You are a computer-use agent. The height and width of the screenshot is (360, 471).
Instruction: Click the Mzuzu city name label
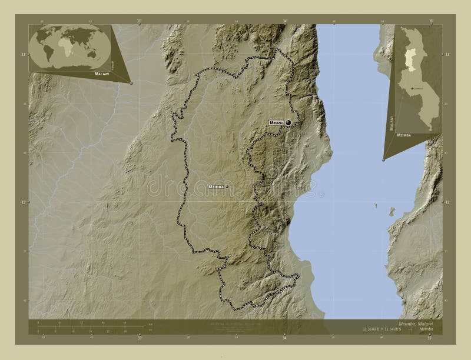[x=276, y=122]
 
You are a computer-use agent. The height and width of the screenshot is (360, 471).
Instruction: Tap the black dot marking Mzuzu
[x=288, y=122]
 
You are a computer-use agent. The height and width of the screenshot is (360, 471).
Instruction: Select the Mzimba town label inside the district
[x=216, y=186]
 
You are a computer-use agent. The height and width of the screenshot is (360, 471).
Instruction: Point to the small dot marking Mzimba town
[x=227, y=186]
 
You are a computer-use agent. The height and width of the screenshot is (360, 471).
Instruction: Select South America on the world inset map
[x=49, y=54]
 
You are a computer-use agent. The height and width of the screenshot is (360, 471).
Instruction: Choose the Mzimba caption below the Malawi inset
[x=404, y=135]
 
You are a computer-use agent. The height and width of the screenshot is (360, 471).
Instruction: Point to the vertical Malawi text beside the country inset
[x=391, y=122]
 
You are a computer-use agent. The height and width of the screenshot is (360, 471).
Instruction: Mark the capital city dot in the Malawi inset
[x=414, y=88]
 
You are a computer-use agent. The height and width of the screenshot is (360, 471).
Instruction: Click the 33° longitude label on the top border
[x=140, y=21]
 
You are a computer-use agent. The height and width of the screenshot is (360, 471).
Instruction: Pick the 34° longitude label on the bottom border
[x=285, y=339]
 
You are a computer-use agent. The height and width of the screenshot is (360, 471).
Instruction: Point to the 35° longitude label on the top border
[x=431, y=21]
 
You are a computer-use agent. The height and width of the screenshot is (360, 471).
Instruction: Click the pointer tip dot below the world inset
[x=131, y=84]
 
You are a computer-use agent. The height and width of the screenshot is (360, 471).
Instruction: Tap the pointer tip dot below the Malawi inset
[x=384, y=159]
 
